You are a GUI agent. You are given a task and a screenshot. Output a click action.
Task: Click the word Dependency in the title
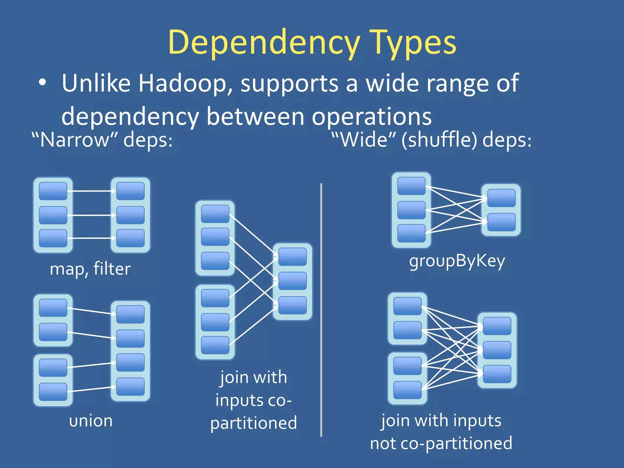coord(264,43)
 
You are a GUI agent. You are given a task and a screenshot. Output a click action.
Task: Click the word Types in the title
coord(414,43)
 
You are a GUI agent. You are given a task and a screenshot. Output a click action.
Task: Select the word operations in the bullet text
coord(371,117)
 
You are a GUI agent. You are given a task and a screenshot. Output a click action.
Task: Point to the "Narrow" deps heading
coord(102,140)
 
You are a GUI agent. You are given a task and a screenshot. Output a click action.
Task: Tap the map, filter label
coord(90,269)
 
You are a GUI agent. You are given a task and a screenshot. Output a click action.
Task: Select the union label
coord(91,421)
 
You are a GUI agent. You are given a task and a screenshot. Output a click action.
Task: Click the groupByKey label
coord(457,261)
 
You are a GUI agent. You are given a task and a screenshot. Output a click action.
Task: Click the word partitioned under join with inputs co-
coord(253,423)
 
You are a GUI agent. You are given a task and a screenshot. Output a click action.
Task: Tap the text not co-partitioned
coord(441,443)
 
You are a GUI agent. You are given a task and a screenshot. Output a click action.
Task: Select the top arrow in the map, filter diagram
coord(91,191)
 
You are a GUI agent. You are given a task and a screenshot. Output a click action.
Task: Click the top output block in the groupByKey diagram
coord(501,198)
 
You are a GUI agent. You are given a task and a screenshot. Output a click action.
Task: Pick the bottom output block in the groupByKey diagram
coord(501,222)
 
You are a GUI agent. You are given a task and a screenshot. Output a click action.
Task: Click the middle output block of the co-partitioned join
coord(292,281)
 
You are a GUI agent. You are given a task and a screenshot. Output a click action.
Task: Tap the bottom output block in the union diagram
coord(130,387)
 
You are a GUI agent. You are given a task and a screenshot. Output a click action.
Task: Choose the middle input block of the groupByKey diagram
coord(411,210)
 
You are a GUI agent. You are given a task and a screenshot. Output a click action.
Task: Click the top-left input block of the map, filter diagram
coord(53,191)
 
